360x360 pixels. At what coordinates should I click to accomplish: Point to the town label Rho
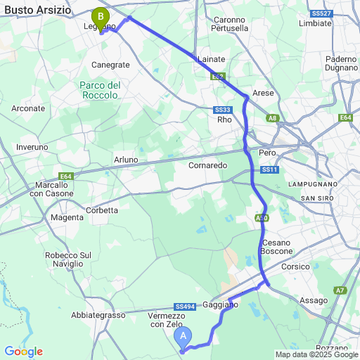(224, 120)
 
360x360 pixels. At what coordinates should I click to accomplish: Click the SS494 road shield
(185, 307)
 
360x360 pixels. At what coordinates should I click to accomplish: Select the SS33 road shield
(223, 110)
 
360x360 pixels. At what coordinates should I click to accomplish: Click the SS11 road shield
(270, 170)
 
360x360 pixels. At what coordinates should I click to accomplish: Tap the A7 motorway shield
(340, 290)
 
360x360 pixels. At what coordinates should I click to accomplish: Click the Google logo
(23, 352)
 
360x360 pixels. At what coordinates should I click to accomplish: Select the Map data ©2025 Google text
(316, 354)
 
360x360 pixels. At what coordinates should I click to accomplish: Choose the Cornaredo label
(207, 165)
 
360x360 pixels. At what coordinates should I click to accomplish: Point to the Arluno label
(126, 160)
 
